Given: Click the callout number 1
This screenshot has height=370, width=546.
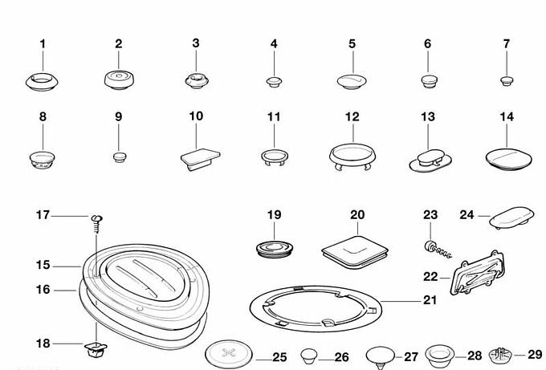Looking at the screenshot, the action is point(43,44).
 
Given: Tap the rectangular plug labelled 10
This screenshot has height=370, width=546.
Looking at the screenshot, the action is point(200,159).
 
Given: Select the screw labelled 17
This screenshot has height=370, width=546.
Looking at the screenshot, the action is point(97,224).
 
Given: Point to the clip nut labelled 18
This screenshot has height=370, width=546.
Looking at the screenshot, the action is point(96,349).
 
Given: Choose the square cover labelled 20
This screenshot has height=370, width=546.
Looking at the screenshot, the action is point(355,252).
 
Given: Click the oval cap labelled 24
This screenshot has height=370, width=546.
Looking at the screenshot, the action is point(511,218).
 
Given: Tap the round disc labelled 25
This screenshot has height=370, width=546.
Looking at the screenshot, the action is point(228,354).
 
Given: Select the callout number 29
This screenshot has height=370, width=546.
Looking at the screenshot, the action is point(535,354).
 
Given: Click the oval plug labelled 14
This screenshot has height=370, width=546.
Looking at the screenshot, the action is point(508,160).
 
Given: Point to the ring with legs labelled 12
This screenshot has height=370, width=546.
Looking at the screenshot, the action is point(352,156).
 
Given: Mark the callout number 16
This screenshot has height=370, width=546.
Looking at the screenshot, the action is point(43,289).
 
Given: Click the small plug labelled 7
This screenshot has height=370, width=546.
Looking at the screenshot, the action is point(507,81).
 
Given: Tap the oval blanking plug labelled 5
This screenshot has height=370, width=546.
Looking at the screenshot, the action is point(352,81).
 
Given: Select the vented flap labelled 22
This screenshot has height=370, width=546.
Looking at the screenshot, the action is point(477,272).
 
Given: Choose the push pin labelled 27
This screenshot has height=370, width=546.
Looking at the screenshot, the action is point(381,356).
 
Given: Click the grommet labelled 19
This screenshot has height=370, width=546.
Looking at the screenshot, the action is point(274,249).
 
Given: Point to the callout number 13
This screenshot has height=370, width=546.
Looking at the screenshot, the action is point(428,116).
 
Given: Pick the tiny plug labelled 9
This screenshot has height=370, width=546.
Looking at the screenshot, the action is point(120,157).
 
